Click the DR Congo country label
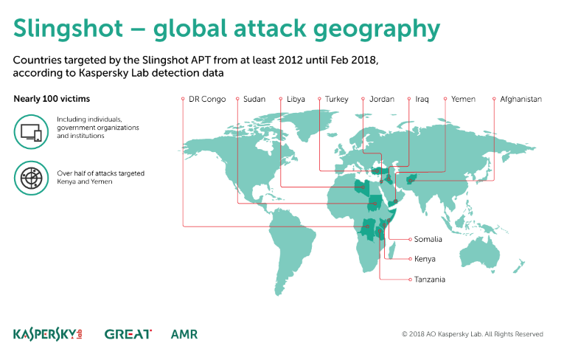coord(207,99)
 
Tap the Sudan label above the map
coord(254,99)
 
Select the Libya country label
coord(296,99)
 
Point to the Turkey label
coord(337,100)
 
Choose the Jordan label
coord(382,99)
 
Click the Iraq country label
coord(422,100)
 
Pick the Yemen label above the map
coord(463,99)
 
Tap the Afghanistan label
coord(521,100)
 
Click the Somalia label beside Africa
coord(428,239)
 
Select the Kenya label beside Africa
coord(425,259)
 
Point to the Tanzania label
coord(430,280)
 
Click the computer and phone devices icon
coord(31,132)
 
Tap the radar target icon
coord(31,179)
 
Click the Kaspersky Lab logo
coord(48,334)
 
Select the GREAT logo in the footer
coord(128,334)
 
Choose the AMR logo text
coord(184,334)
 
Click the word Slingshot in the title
coord(69,28)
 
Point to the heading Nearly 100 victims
coord(52,99)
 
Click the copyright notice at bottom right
coord(473,334)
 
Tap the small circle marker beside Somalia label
coord(410,240)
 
